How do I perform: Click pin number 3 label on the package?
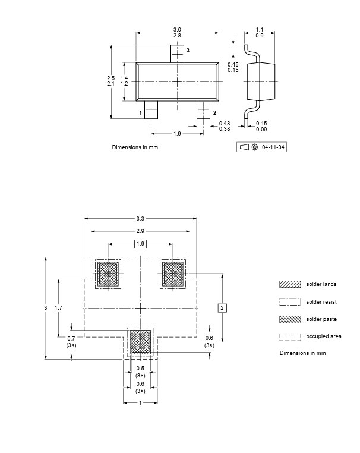tap(188, 51)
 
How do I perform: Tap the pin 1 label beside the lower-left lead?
tap(141, 113)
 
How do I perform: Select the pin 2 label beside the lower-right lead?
tap(214, 113)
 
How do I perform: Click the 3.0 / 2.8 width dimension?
tap(177, 32)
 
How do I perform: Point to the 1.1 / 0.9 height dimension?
tap(260, 32)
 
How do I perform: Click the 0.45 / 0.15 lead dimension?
tap(233, 67)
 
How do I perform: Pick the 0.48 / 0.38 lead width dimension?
tap(225, 126)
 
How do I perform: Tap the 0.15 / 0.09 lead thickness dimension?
tap(261, 126)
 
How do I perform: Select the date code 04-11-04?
tap(273, 147)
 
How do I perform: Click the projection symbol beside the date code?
tap(248, 147)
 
